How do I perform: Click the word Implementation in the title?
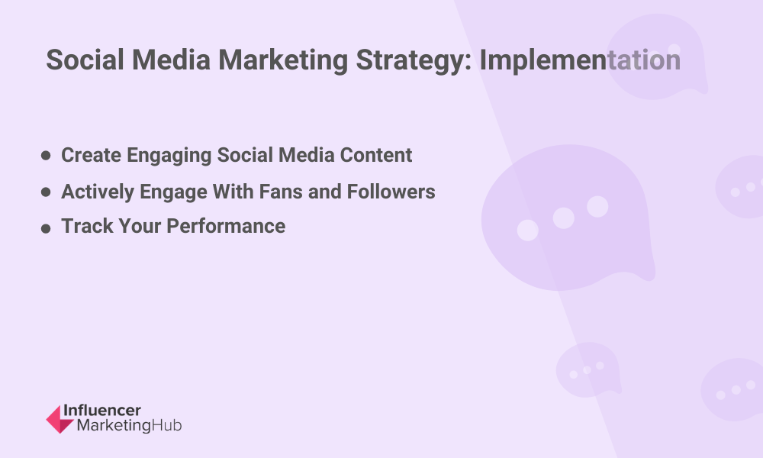[x=580, y=60]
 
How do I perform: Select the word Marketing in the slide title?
[x=283, y=60]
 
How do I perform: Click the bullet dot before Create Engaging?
[x=46, y=155]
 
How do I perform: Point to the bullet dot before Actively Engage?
[x=46, y=192]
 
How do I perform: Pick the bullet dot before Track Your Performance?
[x=46, y=228]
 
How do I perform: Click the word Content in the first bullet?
[x=375, y=155]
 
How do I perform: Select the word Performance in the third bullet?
[x=226, y=226]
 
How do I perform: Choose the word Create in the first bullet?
[x=91, y=155]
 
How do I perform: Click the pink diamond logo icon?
[x=60, y=419]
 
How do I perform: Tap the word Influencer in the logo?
[x=102, y=411]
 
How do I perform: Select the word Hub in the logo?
[x=166, y=425]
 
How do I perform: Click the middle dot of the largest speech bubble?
[x=564, y=218]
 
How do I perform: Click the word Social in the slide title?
[x=85, y=60]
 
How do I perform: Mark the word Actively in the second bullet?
[x=98, y=192]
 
